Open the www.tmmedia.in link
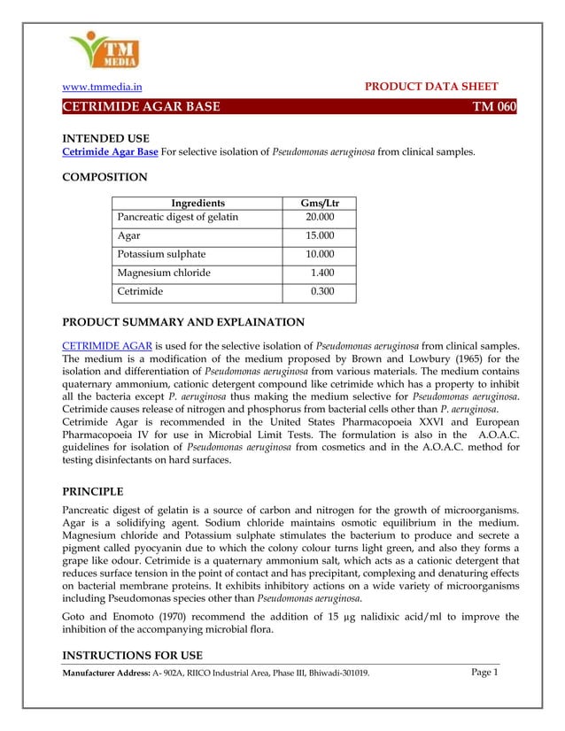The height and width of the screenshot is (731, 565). (102, 87)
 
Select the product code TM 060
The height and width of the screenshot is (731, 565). (493, 107)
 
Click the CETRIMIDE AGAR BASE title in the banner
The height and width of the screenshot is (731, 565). (141, 107)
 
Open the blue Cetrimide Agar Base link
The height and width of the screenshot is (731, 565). (110, 152)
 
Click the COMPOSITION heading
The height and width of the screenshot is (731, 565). (104, 178)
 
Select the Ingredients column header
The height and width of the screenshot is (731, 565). (197, 203)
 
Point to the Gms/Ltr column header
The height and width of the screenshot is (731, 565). (321, 203)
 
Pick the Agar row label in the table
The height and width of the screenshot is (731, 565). (129, 235)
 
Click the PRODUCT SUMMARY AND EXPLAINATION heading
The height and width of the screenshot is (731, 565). (182, 322)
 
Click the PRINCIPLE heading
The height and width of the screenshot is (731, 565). (93, 491)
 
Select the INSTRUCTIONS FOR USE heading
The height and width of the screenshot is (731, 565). (132, 655)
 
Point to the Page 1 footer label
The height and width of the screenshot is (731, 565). (484, 673)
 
